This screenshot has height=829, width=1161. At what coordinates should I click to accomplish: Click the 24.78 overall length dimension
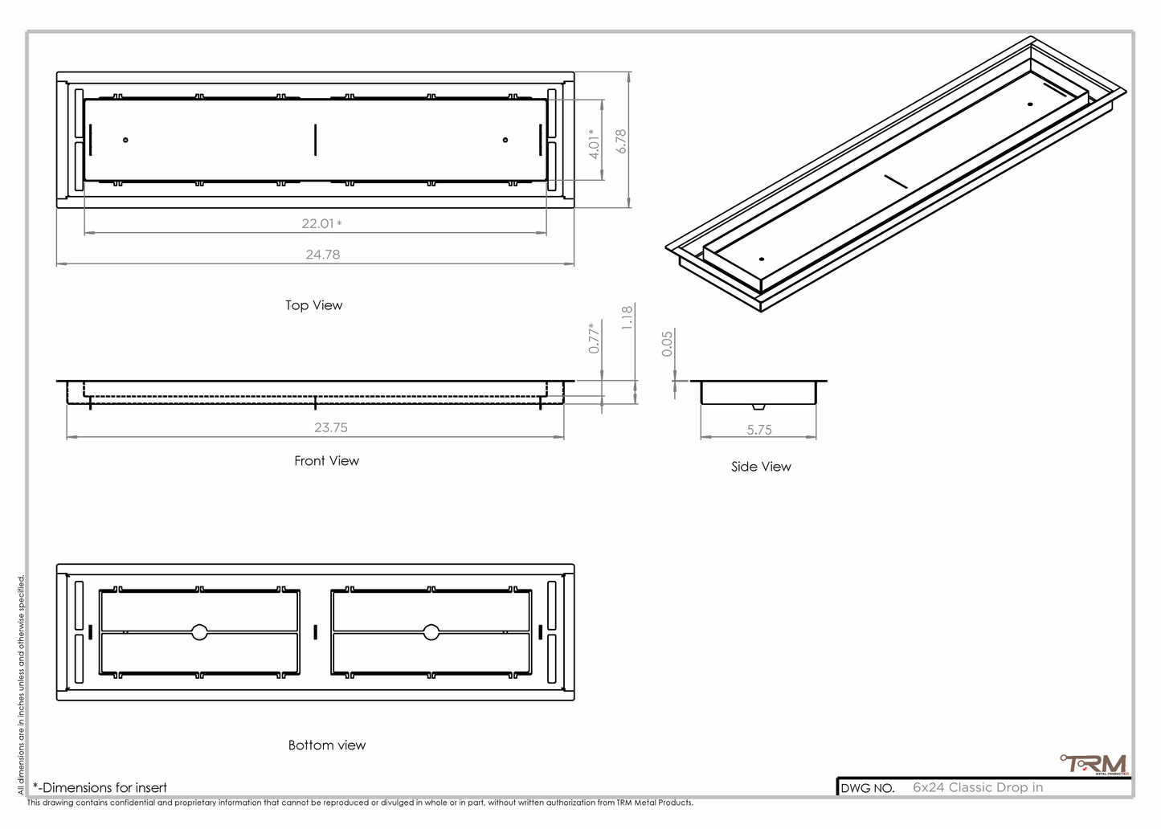click(x=322, y=255)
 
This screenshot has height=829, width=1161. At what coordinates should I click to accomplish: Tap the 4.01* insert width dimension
click(x=595, y=144)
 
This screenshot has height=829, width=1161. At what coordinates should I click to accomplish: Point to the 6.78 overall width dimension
click(x=621, y=141)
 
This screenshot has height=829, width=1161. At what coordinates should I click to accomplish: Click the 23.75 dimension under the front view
click(x=330, y=427)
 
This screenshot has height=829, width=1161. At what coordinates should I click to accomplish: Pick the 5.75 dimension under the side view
click(x=759, y=430)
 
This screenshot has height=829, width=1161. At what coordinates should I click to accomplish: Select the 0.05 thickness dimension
click(x=667, y=344)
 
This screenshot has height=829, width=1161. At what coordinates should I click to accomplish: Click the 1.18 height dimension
click(x=628, y=317)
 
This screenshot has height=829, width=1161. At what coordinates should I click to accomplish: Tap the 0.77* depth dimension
click(x=595, y=338)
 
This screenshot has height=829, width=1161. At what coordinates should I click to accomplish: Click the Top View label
click(x=313, y=305)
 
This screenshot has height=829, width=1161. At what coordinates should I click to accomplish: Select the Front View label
click(x=326, y=460)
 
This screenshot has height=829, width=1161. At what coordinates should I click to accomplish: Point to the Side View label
click(x=761, y=467)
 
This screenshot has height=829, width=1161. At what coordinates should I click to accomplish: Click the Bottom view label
click(x=327, y=745)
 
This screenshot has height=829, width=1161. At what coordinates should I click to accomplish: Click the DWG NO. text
click(x=868, y=788)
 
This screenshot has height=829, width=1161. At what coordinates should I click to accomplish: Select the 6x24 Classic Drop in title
click(x=978, y=787)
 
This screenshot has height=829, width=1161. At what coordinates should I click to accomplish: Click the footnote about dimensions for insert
click(x=100, y=787)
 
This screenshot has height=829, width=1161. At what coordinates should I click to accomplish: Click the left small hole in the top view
click(x=126, y=141)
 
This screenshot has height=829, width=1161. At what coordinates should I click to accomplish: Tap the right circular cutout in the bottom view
click(x=431, y=632)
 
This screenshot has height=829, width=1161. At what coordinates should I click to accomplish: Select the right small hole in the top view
click(x=505, y=141)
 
